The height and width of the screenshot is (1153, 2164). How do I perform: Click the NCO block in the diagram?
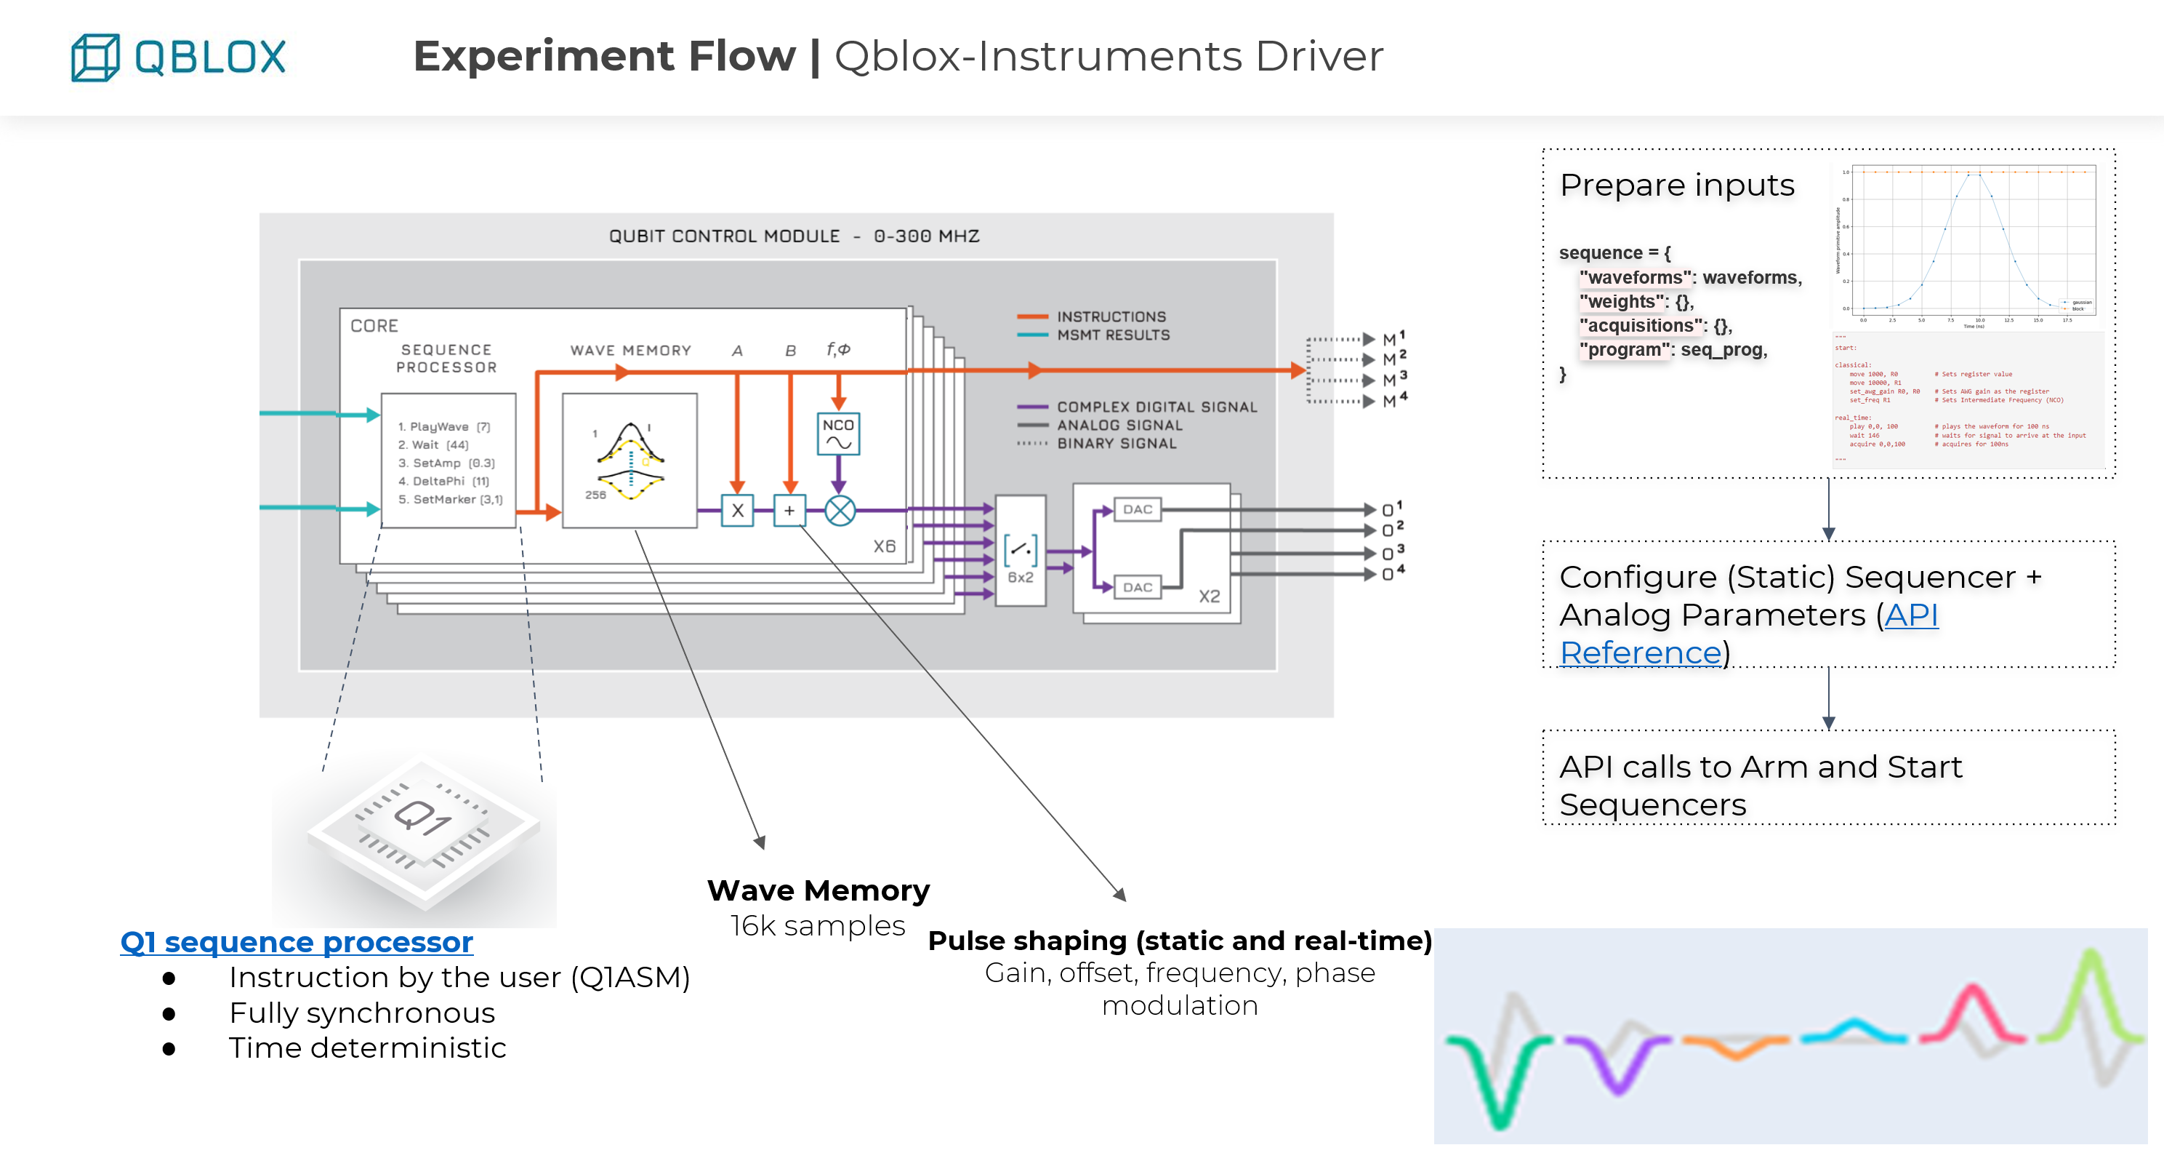pos(837,433)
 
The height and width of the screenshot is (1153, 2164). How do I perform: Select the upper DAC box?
pos(1138,509)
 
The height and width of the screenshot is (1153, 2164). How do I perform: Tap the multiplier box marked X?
pos(737,510)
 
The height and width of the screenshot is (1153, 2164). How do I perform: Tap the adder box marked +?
pos(789,510)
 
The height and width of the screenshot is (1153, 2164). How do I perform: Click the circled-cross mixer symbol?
pos(840,510)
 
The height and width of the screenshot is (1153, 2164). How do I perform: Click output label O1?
pos(1391,509)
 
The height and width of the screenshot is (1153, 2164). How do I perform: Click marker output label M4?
pos(1393,401)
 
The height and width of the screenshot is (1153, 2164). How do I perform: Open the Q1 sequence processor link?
pos(296,942)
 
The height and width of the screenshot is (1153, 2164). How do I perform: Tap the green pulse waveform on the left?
pos(1500,1076)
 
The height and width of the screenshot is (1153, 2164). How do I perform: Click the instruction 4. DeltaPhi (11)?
pos(443,482)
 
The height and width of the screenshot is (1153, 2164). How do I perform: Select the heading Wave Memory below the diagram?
pos(817,890)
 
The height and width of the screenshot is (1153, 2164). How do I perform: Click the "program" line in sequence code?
pos(1672,350)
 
